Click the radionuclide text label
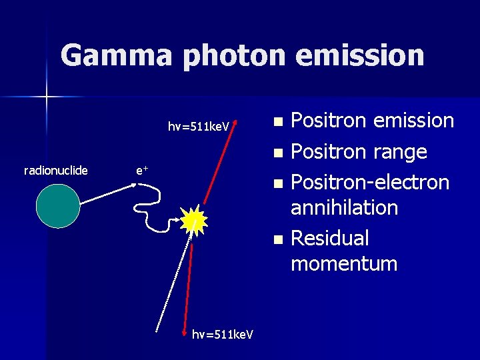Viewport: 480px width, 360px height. (x=56, y=171)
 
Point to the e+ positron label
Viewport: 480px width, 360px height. (x=141, y=171)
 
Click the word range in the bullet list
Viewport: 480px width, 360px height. (x=401, y=152)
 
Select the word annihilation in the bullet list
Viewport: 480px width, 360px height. (x=344, y=207)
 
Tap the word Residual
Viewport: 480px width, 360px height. (x=330, y=238)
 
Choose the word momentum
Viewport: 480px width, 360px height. (x=344, y=263)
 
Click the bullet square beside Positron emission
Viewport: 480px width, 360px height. (x=278, y=122)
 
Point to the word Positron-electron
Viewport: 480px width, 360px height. (x=370, y=182)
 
